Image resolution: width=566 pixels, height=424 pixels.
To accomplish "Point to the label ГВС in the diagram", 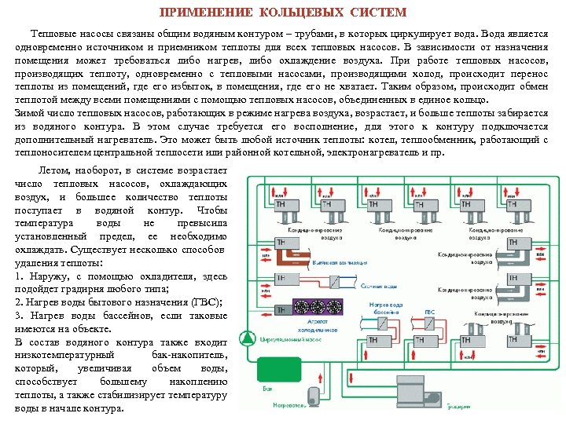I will (x=430, y=313).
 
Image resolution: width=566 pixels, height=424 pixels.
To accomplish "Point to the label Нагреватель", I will (x=287, y=406).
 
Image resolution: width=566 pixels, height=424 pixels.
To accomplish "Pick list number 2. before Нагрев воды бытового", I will (x=19, y=302).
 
